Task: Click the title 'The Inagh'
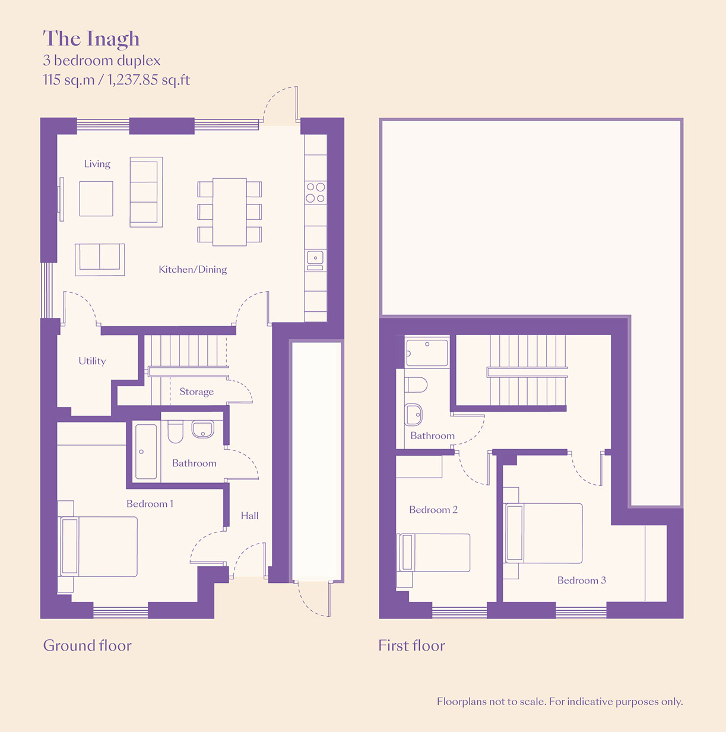91,39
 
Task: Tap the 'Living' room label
97,164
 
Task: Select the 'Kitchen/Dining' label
193,269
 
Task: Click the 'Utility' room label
92,361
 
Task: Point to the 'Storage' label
196,392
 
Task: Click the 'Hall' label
249,516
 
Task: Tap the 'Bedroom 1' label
150,504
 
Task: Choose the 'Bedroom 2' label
433,509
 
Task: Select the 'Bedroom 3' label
582,580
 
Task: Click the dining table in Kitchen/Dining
229,212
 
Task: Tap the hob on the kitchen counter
316,193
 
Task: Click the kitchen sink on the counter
315,257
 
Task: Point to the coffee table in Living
96,198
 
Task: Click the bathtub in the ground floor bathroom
146,452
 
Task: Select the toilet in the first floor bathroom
416,385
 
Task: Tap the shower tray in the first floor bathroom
427,353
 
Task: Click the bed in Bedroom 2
433,553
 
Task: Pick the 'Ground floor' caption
87,646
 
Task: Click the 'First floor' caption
411,646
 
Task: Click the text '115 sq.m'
69,80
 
